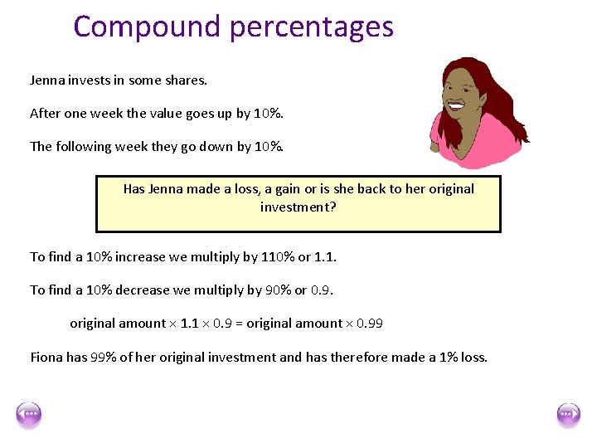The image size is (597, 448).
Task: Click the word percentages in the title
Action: pos(312,28)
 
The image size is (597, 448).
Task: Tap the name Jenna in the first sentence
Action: pos(47,80)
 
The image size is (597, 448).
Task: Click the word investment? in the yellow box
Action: pos(298,206)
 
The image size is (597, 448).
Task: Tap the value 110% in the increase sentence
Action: pos(278,257)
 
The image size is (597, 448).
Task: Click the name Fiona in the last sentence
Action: pos(46,358)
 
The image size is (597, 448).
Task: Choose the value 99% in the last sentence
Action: pos(104,358)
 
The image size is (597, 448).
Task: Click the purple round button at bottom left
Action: pos(29,415)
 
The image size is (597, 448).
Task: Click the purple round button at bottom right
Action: pos(568,415)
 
